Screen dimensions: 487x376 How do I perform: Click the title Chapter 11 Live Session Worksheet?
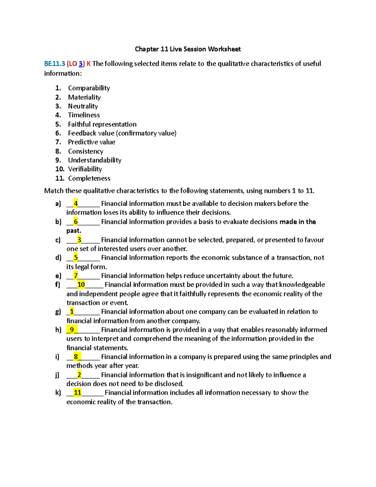[188, 49]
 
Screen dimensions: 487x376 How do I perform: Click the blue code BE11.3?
[55, 64]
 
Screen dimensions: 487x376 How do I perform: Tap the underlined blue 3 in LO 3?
[81, 64]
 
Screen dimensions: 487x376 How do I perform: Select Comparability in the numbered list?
[89, 88]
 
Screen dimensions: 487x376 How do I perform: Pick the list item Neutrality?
[83, 106]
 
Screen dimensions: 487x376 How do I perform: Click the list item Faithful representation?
[102, 124]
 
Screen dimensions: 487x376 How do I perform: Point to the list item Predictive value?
[91, 142]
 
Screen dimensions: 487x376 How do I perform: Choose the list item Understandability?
[95, 160]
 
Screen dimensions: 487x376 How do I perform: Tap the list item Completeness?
[89, 178]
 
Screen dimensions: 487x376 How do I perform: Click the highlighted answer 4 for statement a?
[76, 204]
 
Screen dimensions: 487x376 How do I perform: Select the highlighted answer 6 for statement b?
[76, 222]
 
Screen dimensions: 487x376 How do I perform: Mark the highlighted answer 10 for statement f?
[81, 285]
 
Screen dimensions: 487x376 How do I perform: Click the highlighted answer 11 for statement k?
[77, 393]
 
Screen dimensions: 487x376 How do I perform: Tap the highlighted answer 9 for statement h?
[72, 330]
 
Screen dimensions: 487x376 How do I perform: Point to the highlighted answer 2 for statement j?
[79, 375]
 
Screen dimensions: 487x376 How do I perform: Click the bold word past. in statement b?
[74, 231]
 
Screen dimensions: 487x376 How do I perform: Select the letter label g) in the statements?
[58, 312]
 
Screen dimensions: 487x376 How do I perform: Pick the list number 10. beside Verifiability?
[60, 169]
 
